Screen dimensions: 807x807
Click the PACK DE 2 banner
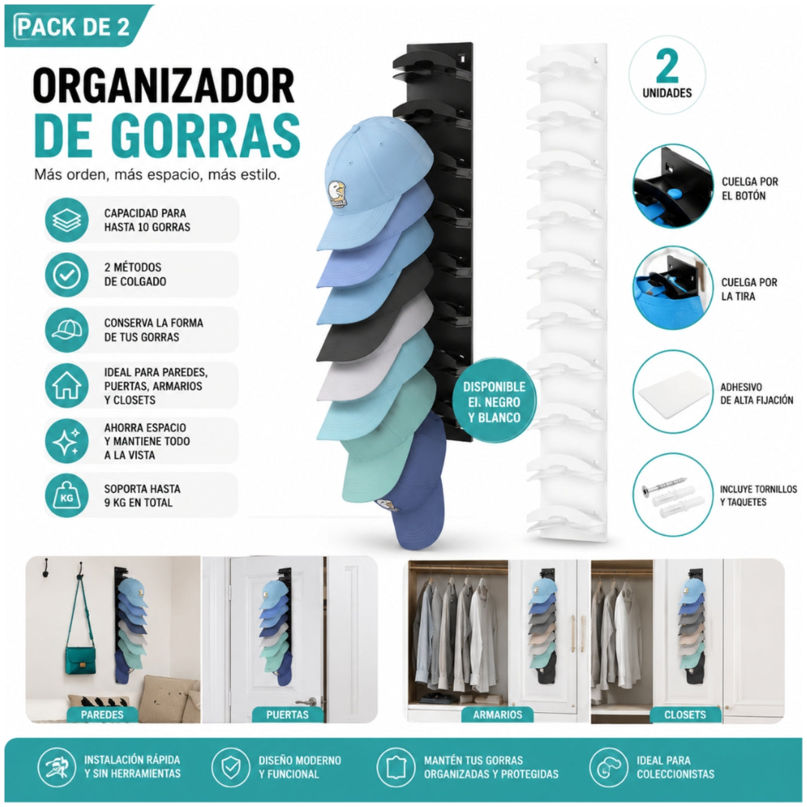pos(75,26)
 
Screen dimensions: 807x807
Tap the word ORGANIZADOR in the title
pos(164,86)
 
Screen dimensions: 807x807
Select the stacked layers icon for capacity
pos(66,220)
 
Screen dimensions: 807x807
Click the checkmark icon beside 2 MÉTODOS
pos(66,275)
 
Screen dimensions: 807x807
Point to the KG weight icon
pos(66,496)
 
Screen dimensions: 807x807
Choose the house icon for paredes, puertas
pos(66,385)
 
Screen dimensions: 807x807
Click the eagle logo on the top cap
pos(337,194)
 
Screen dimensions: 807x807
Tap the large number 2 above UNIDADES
pos(667,66)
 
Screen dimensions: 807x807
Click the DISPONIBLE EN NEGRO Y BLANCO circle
pos(494,401)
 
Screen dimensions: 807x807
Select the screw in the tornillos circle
pos(664,486)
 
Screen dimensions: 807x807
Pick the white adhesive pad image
pos(673,393)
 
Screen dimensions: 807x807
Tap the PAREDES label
pos(102,714)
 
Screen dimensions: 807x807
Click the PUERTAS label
pos(288,714)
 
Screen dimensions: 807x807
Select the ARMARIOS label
pos(497,714)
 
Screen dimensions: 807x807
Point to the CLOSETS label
pos(685,714)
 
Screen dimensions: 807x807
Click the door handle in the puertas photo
pos(307,701)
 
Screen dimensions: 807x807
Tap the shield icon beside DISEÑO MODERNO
pos(231,767)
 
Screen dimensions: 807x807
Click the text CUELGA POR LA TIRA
pos(749,289)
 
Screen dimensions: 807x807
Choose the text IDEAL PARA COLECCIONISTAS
pos(675,767)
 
